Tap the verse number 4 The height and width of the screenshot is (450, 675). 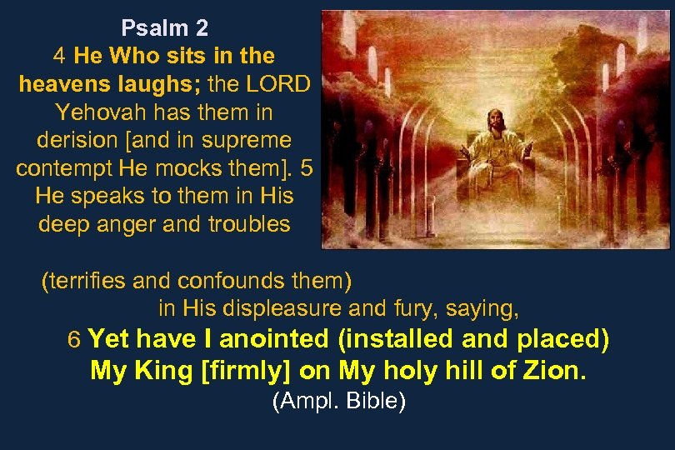pyautogui.click(x=60, y=57)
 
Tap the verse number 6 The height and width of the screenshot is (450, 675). pyautogui.click(x=73, y=340)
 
